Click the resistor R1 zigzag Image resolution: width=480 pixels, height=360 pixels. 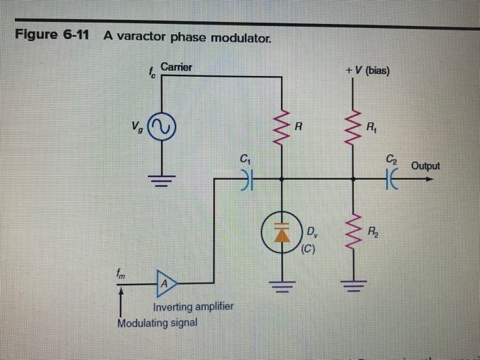click(354, 128)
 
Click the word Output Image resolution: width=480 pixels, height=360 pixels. click(426, 166)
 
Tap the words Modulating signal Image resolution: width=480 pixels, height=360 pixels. click(157, 322)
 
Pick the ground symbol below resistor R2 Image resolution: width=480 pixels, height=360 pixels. click(354, 282)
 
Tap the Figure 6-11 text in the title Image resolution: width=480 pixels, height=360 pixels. click(52, 36)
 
